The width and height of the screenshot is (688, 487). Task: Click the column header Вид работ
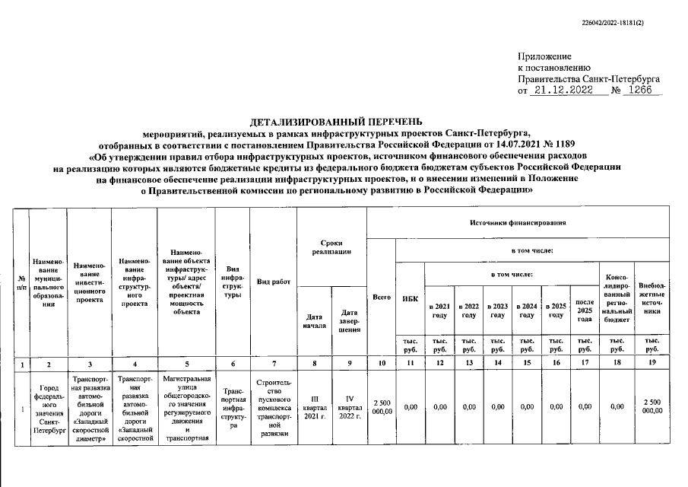coord(274,282)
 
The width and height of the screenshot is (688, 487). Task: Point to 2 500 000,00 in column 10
coord(382,407)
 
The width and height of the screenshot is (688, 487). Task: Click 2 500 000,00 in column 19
coord(652,406)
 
